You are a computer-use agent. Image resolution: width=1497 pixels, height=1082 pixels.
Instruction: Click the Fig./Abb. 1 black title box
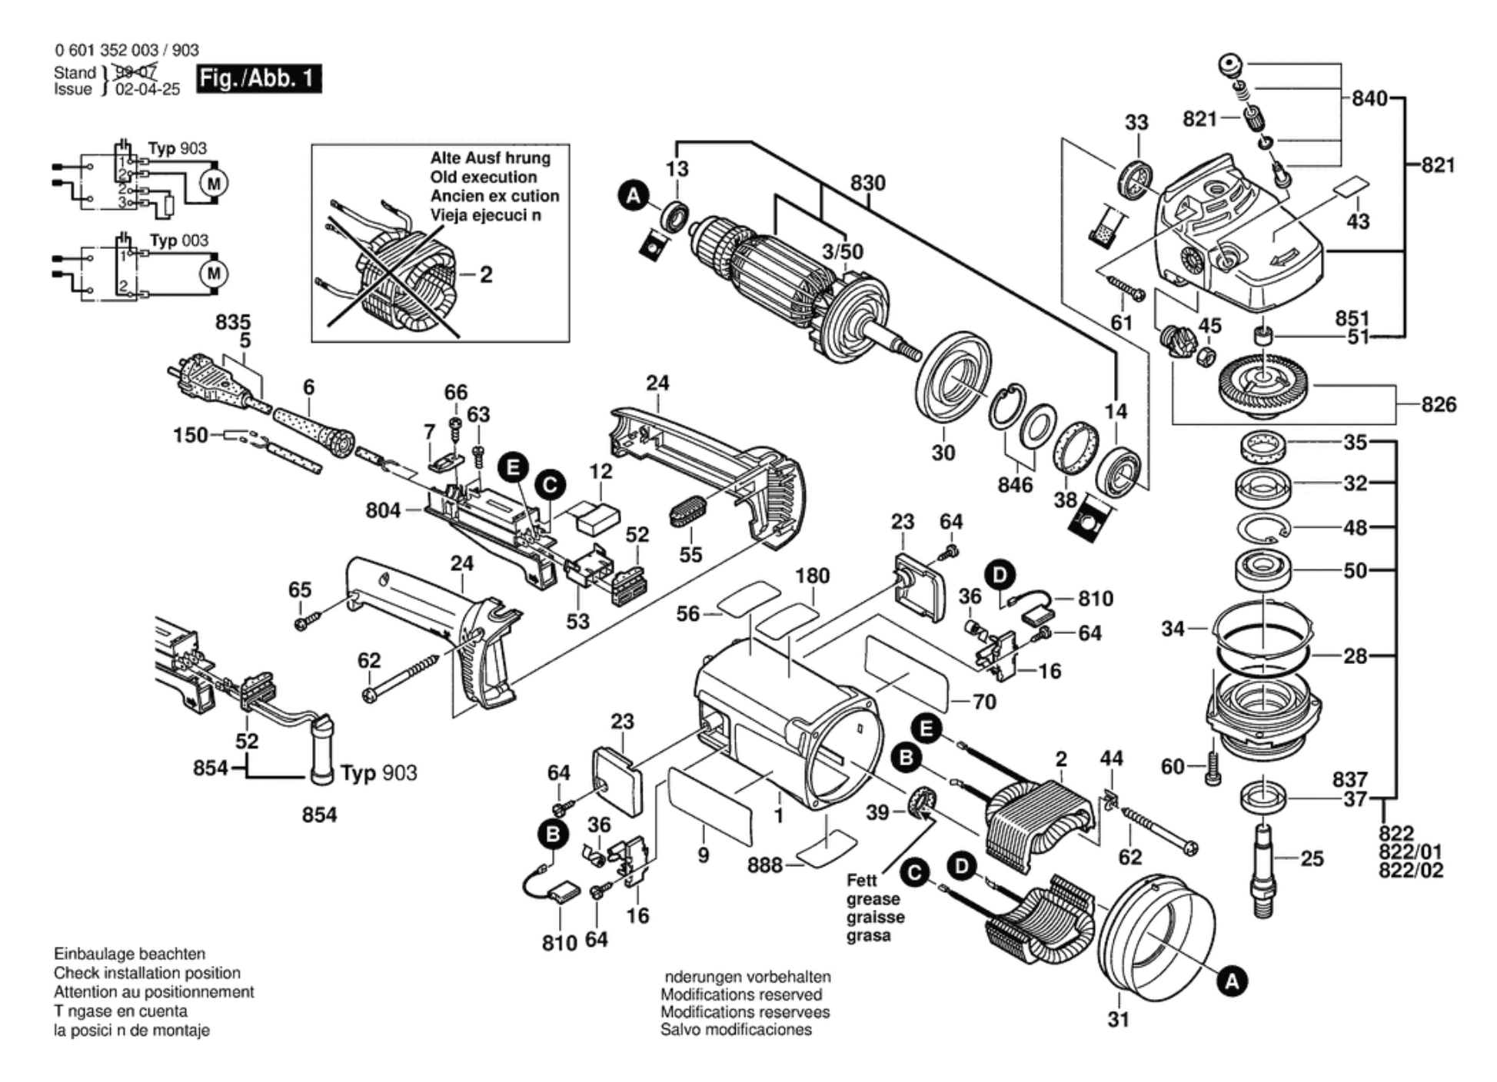coord(258,78)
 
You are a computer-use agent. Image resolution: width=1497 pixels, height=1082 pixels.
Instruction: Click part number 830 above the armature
coord(867,183)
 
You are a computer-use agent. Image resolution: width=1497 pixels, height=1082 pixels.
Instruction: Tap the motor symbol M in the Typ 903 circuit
coord(214,183)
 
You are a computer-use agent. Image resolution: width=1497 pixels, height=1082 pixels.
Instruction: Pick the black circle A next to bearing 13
coord(633,196)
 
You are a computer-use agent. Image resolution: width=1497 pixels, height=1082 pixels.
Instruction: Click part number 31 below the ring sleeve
coord(1119,1020)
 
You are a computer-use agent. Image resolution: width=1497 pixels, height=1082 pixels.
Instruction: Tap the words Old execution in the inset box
coord(484,177)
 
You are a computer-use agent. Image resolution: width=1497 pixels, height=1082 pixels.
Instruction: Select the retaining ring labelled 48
coord(1264,529)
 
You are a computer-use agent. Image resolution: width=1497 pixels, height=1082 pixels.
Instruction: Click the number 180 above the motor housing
coord(812,576)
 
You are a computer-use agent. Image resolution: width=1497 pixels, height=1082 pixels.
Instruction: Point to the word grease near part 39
coord(873,899)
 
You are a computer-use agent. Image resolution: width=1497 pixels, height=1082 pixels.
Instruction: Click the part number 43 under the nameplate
coord(1358,221)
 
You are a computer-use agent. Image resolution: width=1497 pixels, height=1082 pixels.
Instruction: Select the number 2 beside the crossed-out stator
coord(486,274)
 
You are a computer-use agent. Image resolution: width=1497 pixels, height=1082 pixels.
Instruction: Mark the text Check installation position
coord(147,973)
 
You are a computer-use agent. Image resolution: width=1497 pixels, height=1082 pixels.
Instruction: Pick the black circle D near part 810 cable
coord(1000,575)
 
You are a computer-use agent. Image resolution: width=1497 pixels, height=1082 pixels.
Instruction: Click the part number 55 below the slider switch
coord(690,554)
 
